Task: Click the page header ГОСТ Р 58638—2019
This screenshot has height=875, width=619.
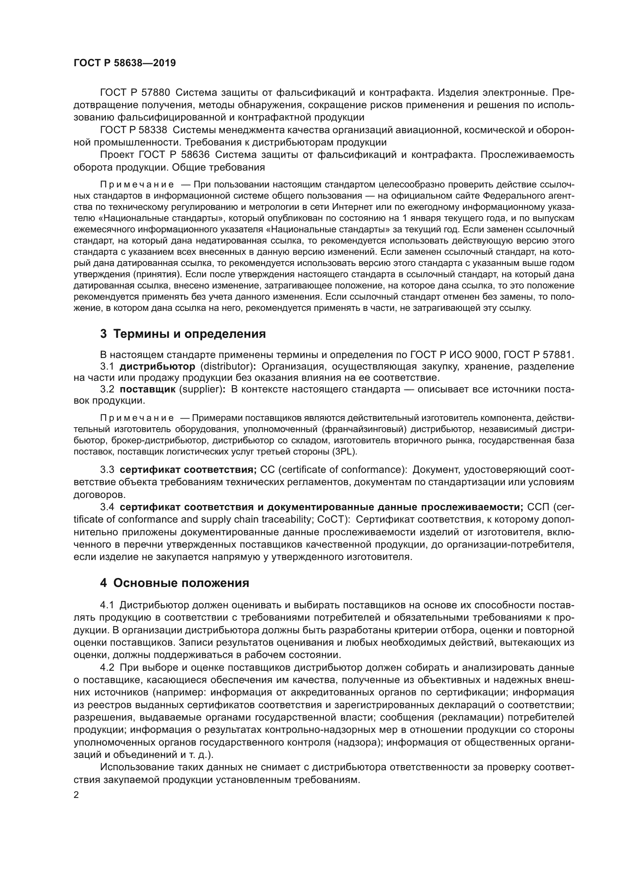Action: (x=125, y=63)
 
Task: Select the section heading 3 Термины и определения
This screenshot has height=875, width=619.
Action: (x=183, y=334)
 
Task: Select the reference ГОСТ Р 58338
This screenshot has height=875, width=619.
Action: (x=133, y=130)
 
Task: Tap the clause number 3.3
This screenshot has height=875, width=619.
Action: (x=107, y=469)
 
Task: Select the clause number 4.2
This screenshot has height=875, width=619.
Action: (x=107, y=668)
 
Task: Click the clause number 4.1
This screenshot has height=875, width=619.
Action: (x=107, y=605)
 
